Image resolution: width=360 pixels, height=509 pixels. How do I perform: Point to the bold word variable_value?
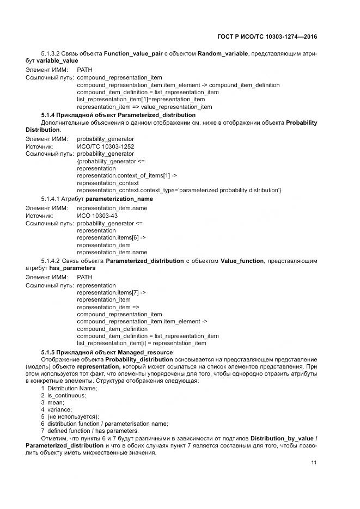click(57, 61)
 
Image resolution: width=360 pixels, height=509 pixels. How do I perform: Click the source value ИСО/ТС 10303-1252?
click(106, 146)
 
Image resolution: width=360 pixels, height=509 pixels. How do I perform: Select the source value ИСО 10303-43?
click(97, 216)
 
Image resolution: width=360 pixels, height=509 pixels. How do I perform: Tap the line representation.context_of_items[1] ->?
click(127, 176)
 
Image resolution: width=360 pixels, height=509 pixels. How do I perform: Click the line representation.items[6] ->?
click(111, 238)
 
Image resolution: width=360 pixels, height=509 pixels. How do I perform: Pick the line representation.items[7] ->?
click(111, 292)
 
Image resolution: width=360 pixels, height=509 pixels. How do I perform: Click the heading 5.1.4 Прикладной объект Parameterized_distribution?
click(118, 115)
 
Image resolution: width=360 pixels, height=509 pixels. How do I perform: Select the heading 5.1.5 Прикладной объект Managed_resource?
click(107, 352)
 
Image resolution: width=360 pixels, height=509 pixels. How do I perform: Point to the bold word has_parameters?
click(72, 268)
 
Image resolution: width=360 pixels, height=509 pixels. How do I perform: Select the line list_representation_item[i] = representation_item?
click(142, 344)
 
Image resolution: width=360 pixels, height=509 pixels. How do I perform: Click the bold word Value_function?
click(242, 261)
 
